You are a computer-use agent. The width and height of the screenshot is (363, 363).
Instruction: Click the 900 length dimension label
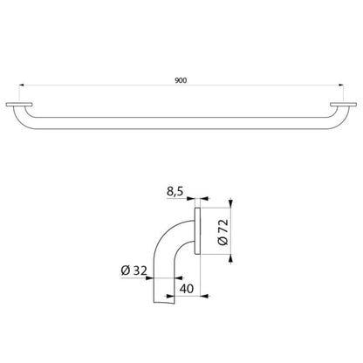click(x=181, y=80)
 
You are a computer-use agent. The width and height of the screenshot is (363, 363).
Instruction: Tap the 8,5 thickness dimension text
click(x=175, y=192)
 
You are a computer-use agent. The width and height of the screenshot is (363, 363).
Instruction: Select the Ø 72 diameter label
click(x=223, y=232)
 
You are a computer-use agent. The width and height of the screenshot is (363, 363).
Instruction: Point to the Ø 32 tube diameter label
click(x=134, y=271)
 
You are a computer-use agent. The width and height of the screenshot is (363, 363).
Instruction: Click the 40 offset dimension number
click(x=187, y=289)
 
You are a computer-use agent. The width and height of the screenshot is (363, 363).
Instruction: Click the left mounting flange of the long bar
click(x=19, y=105)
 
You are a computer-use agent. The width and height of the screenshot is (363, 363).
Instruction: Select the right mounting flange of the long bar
click(x=343, y=105)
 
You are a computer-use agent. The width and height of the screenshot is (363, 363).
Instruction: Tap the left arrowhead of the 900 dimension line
click(x=22, y=86)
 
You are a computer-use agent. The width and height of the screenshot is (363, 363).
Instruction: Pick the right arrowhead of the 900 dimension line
click(x=340, y=86)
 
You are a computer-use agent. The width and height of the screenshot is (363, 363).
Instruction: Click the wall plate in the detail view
click(x=197, y=231)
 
